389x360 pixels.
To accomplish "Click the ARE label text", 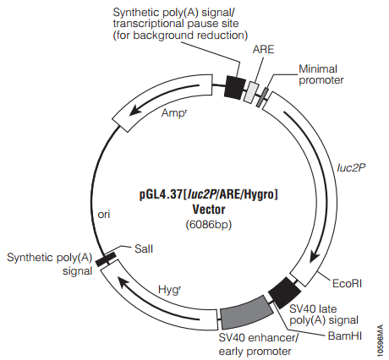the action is [263, 50].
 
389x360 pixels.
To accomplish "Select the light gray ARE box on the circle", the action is [252, 92].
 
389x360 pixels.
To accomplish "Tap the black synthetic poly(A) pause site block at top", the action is [235, 87].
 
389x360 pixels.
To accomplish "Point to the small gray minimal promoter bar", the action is [262, 98].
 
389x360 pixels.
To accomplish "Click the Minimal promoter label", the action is [321, 74].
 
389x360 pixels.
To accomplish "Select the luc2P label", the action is [351, 168].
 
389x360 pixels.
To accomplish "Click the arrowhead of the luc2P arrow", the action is [315, 256].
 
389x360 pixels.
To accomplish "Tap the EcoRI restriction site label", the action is [347, 283].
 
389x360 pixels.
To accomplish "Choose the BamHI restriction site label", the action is [345, 335].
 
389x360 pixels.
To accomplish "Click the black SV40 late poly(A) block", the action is [285, 292].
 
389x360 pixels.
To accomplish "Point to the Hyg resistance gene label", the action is [169, 290].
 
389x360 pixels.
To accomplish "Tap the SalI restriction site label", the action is [144, 249].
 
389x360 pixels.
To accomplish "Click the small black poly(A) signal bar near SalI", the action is [106, 259].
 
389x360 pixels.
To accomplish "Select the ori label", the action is [104, 215].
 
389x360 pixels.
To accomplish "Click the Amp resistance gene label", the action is [174, 113].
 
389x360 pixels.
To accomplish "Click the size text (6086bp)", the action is [209, 225].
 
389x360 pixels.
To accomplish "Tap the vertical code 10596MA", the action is [381, 341].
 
